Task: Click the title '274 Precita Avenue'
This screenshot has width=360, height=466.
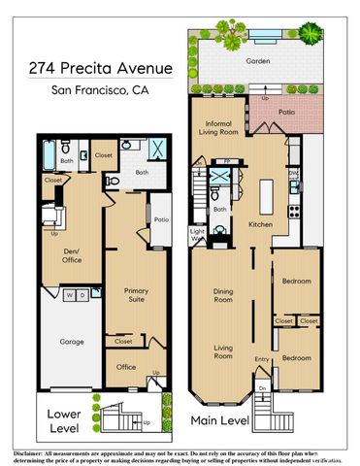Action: [100, 71]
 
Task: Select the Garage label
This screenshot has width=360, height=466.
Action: [71, 342]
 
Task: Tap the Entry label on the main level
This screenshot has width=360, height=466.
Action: [261, 360]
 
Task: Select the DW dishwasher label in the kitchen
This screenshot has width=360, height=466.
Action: [293, 176]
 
